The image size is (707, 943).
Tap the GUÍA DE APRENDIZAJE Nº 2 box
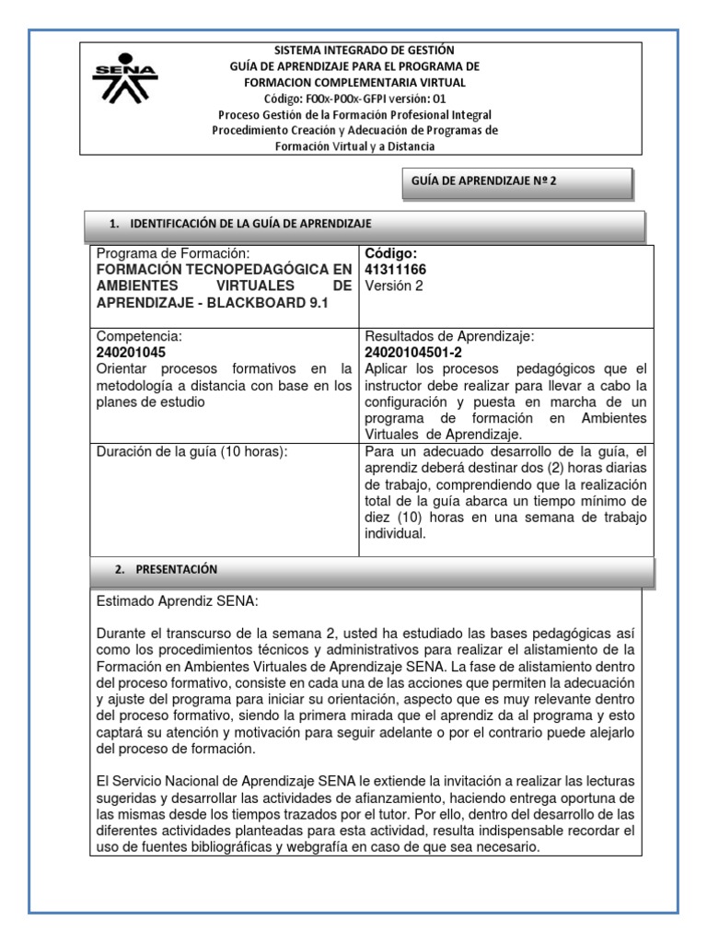(516, 182)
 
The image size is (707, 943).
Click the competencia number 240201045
(133, 352)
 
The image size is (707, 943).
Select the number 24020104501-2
(415, 352)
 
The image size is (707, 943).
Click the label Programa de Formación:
(172, 253)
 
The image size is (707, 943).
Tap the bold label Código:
(391, 253)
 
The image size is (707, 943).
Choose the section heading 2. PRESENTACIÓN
(167, 569)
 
